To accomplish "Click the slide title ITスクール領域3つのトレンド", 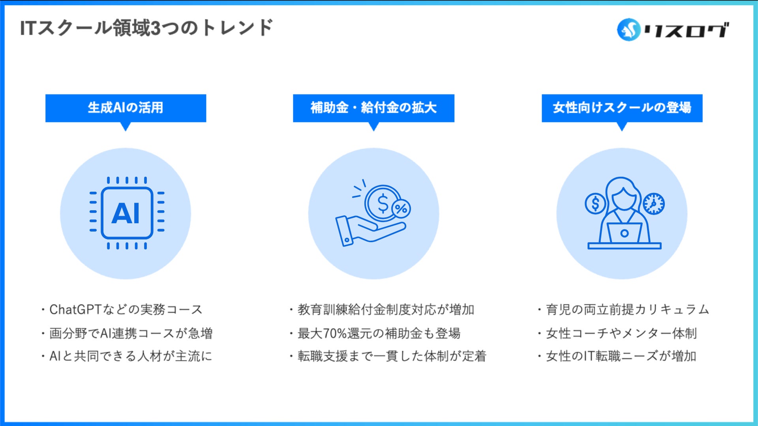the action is [146, 28].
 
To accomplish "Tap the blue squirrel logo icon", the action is [629, 30].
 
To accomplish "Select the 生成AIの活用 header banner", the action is [126, 108].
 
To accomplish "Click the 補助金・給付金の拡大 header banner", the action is [373, 108].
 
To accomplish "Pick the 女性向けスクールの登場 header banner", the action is [622, 108].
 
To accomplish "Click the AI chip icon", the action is [127, 213].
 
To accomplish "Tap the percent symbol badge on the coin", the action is [401, 208].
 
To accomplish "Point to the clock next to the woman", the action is [654, 204].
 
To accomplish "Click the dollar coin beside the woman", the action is [595, 204].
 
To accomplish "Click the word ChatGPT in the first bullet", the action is [75, 310].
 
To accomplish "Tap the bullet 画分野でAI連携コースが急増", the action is [130, 333].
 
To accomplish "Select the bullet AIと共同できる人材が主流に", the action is [130, 356].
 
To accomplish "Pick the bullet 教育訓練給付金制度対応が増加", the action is [385, 310].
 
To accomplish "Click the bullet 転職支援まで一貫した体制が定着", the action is [392, 356].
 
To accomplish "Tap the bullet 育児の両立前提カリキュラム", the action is [627, 310].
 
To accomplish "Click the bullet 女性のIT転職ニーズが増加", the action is [621, 356].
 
